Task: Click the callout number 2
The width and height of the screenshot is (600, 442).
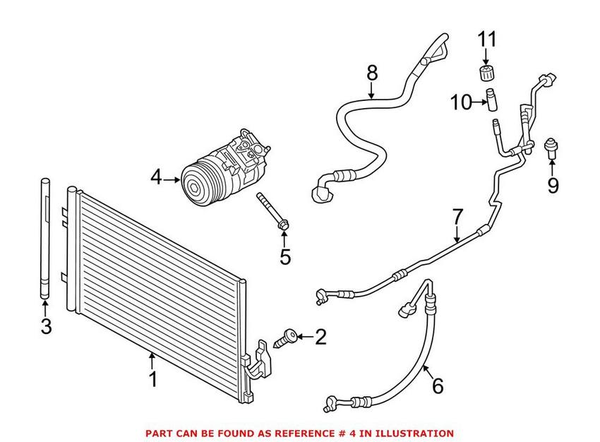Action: [x=320, y=338]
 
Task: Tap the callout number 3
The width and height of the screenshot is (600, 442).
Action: [x=45, y=326]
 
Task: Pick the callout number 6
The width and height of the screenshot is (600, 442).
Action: [x=437, y=386]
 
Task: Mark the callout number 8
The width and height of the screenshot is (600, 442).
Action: [x=372, y=72]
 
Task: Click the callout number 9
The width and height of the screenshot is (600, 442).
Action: [x=552, y=186]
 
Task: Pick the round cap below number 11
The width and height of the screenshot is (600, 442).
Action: [x=485, y=74]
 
